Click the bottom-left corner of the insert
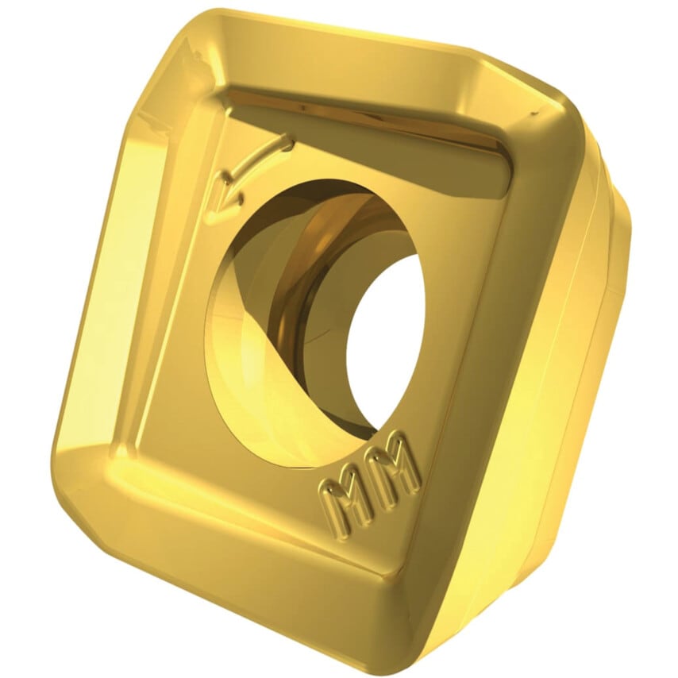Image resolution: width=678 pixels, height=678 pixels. (x=75, y=492)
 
